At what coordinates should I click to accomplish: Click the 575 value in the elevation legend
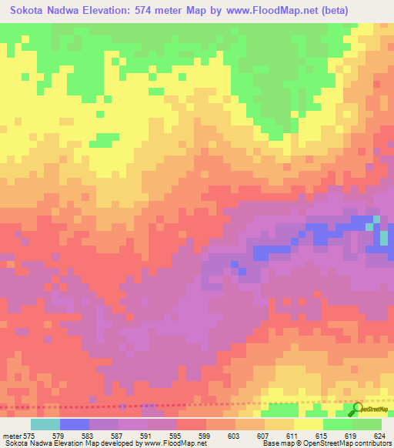[36, 435]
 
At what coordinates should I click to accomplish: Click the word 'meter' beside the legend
[13, 435]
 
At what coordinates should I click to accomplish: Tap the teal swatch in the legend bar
[45, 424]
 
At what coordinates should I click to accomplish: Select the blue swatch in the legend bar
[75, 424]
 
